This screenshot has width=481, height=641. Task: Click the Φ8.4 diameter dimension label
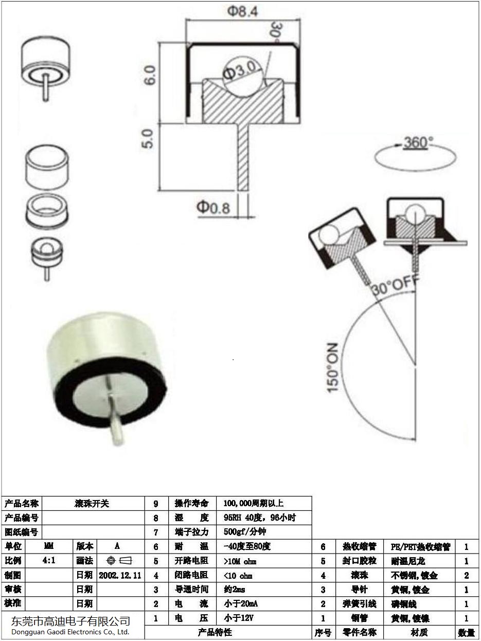[241, 10]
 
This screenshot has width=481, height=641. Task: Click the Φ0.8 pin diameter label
[213, 207]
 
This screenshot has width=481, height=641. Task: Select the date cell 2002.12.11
[120, 575]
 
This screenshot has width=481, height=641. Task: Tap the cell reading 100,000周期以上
[254, 504]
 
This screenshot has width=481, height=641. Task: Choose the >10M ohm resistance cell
[240, 561]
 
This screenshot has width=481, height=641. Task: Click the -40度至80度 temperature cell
[247, 546]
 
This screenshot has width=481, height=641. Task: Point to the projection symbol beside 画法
[119, 561]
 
